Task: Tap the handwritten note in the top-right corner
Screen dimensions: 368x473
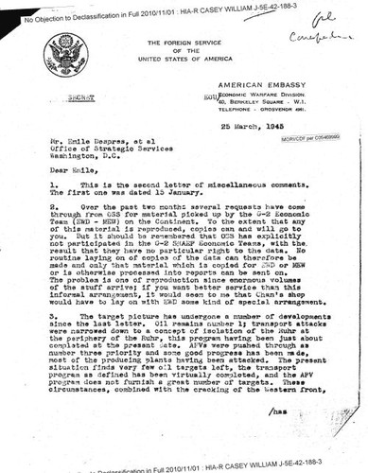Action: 330,23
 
